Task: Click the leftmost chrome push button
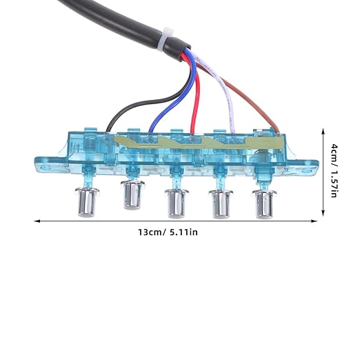87,202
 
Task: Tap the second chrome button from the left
132,195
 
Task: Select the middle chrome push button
177,203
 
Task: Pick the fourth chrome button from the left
221,204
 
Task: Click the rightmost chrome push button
264,204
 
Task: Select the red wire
197,97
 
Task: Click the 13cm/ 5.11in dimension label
168,232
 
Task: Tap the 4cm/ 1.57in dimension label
334,170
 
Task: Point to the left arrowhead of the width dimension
37,221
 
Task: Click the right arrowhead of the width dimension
314,221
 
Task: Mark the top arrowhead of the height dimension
323,132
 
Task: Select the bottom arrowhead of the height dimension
323,213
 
